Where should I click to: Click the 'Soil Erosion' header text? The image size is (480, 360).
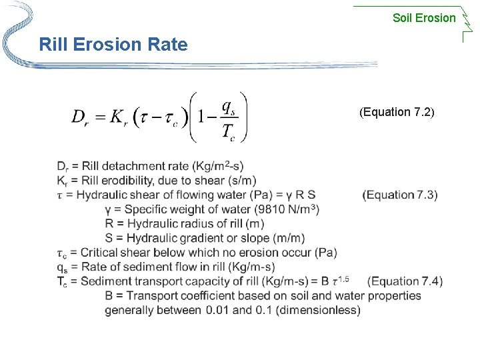point(424,18)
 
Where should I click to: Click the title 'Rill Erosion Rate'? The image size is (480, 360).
point(113,45)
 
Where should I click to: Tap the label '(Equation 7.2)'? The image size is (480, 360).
point(397,112)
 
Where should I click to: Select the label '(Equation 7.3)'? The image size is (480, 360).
point(400,195)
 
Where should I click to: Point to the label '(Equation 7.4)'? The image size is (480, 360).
point(405,281)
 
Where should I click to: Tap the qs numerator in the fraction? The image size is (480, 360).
point(227,107)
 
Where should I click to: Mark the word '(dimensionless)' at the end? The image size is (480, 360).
point(319,310)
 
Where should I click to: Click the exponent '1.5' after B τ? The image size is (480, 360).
point(343,278)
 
